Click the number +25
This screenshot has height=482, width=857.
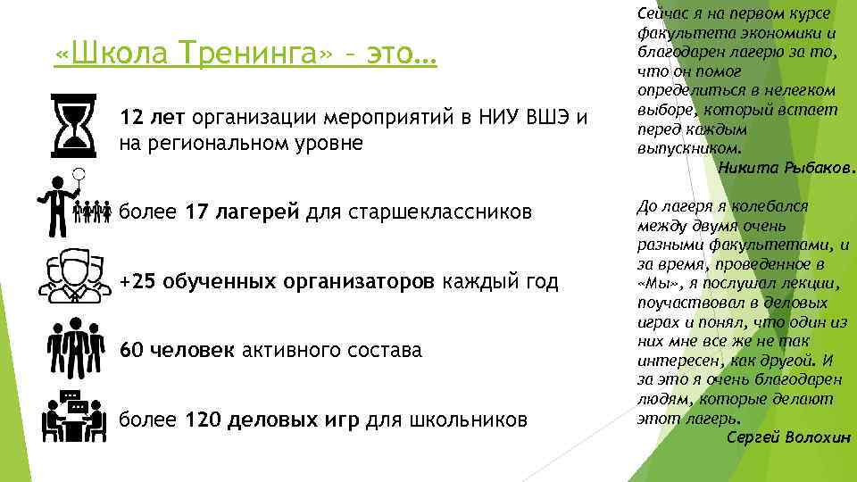137,282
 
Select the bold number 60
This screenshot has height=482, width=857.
131,350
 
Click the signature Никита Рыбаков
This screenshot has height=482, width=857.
786,166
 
